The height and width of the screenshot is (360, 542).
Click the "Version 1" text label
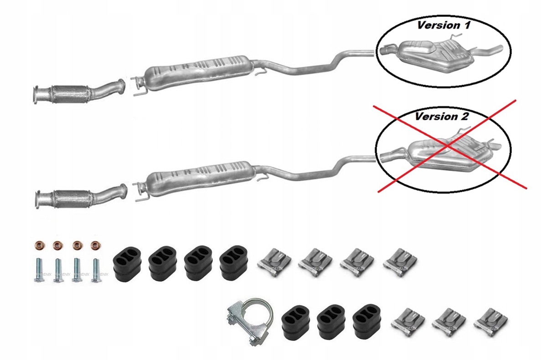pos(444,25)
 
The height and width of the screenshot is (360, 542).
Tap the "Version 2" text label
pos(441,116)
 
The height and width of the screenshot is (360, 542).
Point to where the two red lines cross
pos(449,145)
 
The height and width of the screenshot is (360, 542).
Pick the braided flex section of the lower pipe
pos(68,199)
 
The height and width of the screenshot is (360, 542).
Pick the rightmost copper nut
pos(95,247)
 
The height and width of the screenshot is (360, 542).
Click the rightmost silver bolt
pos(96,270)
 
